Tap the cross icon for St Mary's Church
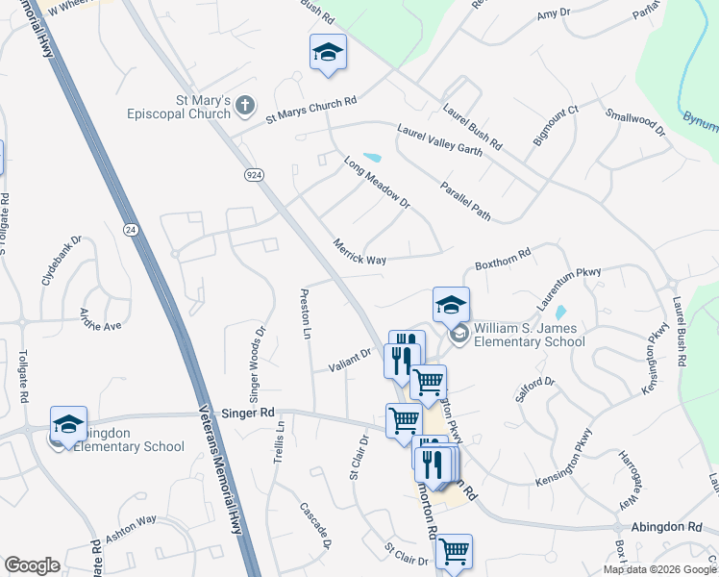point(245,106)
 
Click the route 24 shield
point(130,229)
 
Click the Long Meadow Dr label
point(377,183)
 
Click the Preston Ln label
point(307,314)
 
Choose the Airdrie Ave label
point(100,319)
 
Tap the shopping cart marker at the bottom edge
point(453,553)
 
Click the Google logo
point(33,565)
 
